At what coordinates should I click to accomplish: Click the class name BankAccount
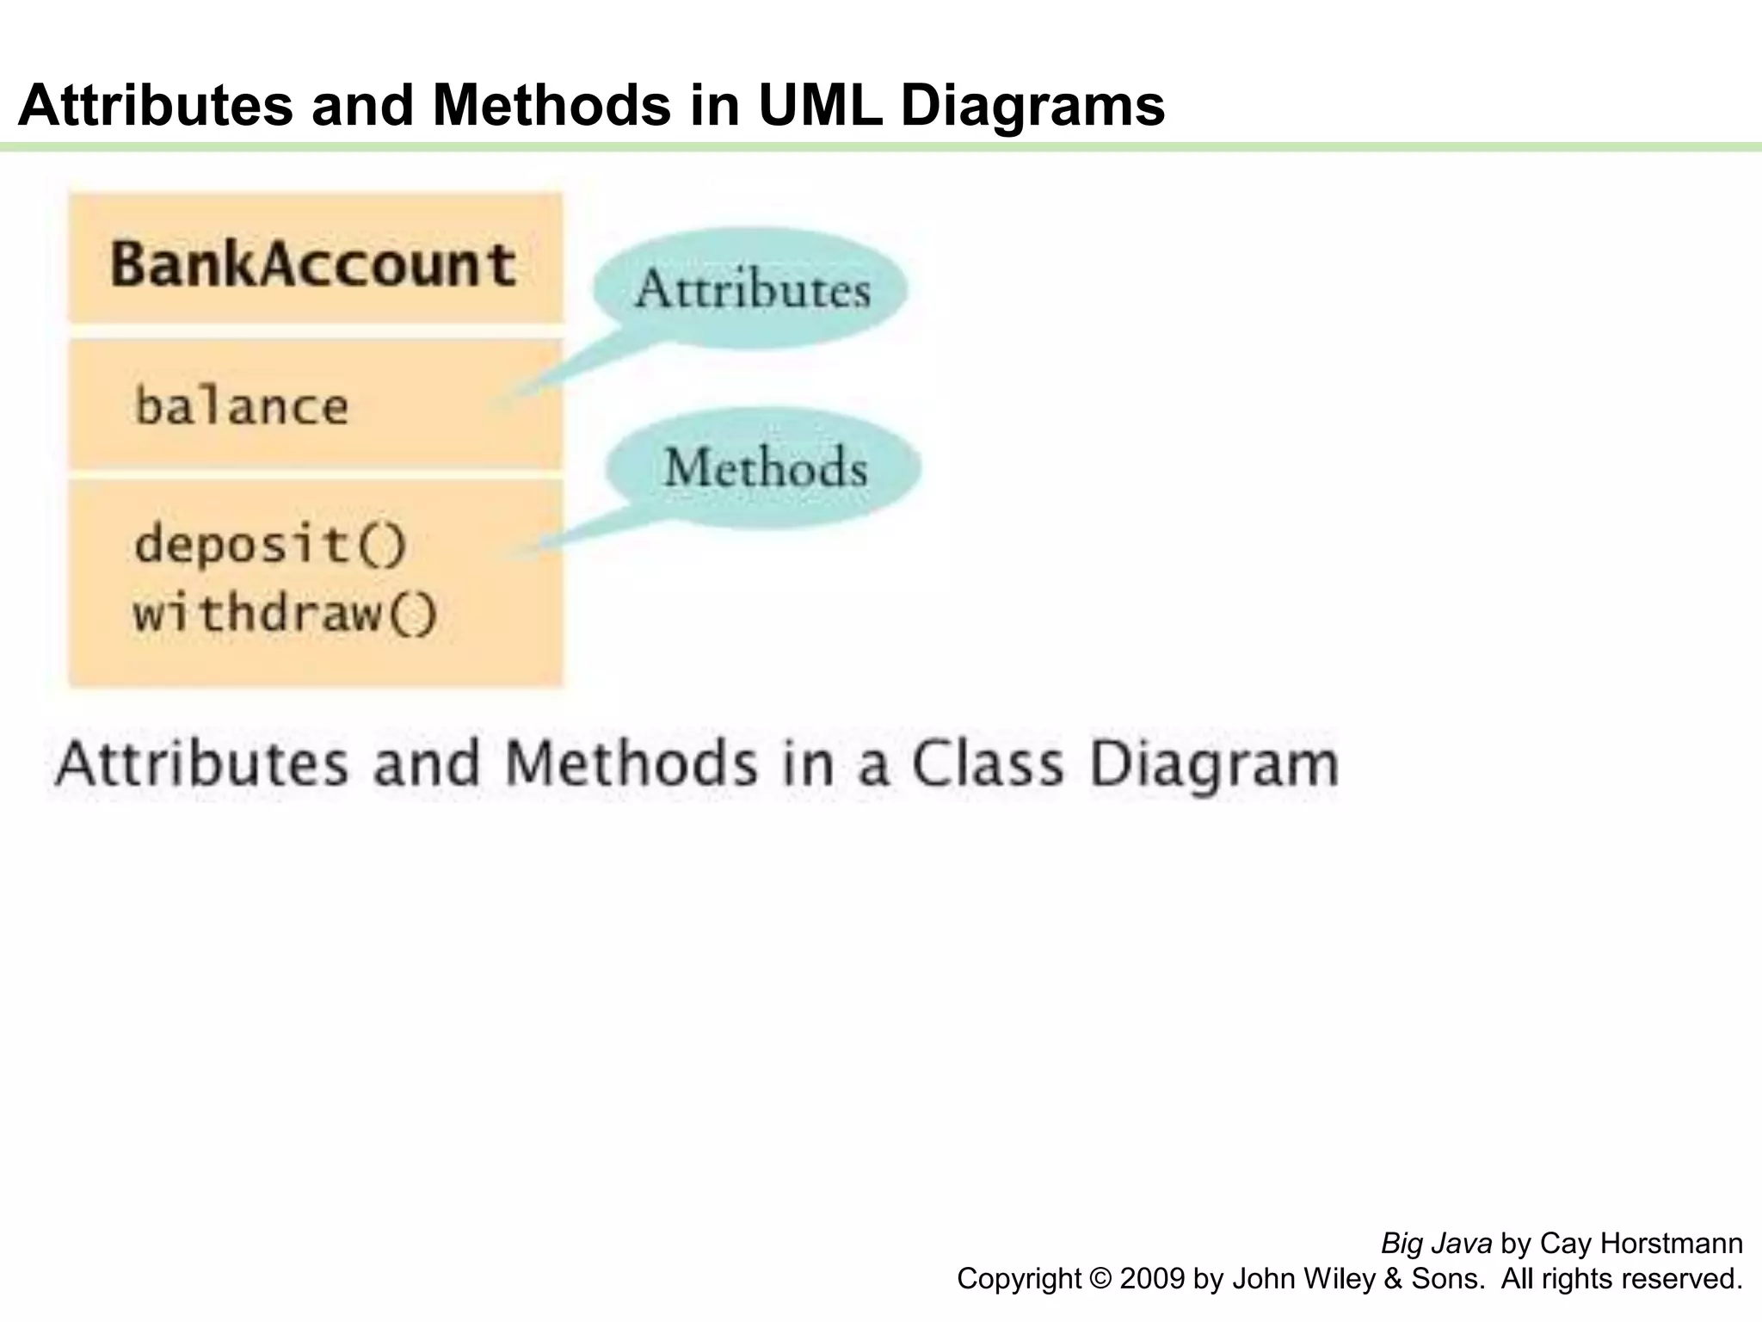313,263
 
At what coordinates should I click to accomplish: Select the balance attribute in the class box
242,406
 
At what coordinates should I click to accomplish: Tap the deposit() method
270,545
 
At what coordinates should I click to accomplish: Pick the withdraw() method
286,614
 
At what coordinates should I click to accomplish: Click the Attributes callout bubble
751,288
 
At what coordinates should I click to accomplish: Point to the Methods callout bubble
765,467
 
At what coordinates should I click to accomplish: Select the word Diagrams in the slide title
1032,105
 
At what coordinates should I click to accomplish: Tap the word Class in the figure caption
987,763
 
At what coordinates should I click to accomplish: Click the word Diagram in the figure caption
1214,765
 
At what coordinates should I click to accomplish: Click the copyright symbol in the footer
1100,1278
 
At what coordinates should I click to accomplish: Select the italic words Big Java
1436,1244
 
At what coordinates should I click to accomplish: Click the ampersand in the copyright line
1393,1278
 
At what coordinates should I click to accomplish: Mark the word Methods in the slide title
551,105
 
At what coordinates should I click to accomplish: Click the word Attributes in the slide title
156,105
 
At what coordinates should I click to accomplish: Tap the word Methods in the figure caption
631,763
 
